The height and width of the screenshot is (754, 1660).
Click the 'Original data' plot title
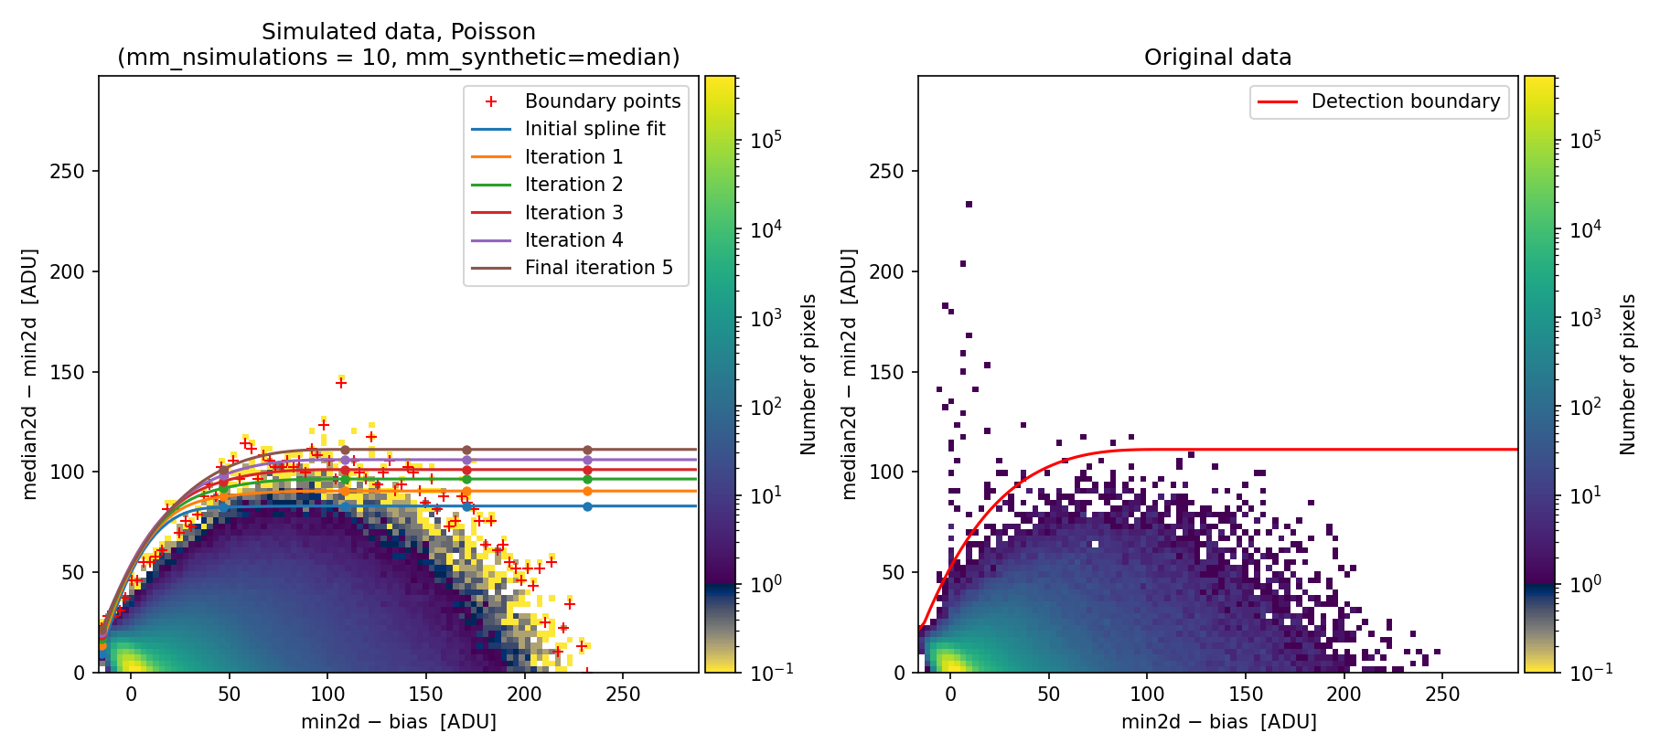pyautogui.click(x=1217, y=58)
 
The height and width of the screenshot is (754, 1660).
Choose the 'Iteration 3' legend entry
pyautogui.click(x=573, y=212)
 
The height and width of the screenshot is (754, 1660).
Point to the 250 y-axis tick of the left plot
pyautogui.click(x=67, y=172)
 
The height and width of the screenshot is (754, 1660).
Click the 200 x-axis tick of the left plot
pyautogui.click(x=525, y=694)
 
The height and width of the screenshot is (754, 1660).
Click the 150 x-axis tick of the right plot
pyautogui.click(x=1246, y=694)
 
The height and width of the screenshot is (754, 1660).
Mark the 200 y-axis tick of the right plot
pyautogui.click(x=886, y=271)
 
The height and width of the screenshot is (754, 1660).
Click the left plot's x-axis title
pyautogui.click(x=399, y=722)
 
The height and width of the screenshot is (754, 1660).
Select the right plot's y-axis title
pyautogui.click(x=850, y=374)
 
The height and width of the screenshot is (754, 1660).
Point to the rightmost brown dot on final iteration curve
pyautogui.click(x=587, y=450)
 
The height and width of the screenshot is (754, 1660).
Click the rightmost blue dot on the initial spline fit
pyautogui.click(x=587, y=506)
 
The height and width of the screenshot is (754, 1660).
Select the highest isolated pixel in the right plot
pyautogui.click(x=969, y=205)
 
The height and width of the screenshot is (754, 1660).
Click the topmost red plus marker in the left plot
pyautogui.click(x=341, y=383)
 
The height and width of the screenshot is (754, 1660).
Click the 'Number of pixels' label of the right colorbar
pyautogui.click(x=1628, y=374)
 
